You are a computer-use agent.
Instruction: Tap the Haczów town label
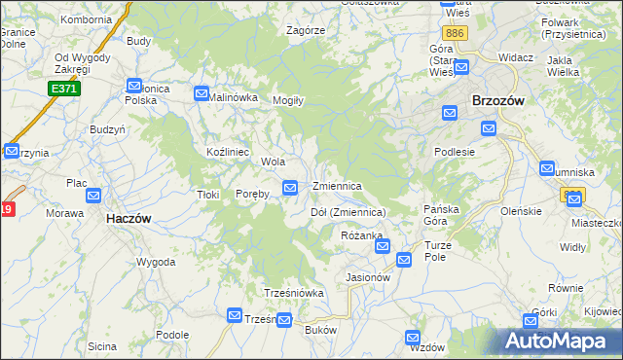128,219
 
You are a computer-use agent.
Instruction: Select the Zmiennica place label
338,186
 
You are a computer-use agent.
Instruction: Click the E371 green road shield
64,89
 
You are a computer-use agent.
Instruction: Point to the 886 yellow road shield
458,33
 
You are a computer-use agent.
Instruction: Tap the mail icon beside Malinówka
202,93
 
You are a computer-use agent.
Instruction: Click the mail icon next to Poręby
290,187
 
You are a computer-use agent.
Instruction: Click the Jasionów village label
368,277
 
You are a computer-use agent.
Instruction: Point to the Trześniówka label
293,293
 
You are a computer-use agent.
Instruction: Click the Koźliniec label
229,153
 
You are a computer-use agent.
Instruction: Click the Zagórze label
305,30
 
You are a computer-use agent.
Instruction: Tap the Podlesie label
455,152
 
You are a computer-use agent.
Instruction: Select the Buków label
320,331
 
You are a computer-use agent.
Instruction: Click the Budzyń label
107,129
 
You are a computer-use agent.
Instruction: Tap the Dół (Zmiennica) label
348,212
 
